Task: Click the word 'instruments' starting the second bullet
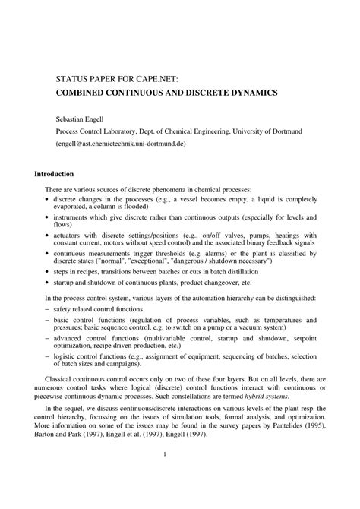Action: pyautogui.click(x=73, y=217)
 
